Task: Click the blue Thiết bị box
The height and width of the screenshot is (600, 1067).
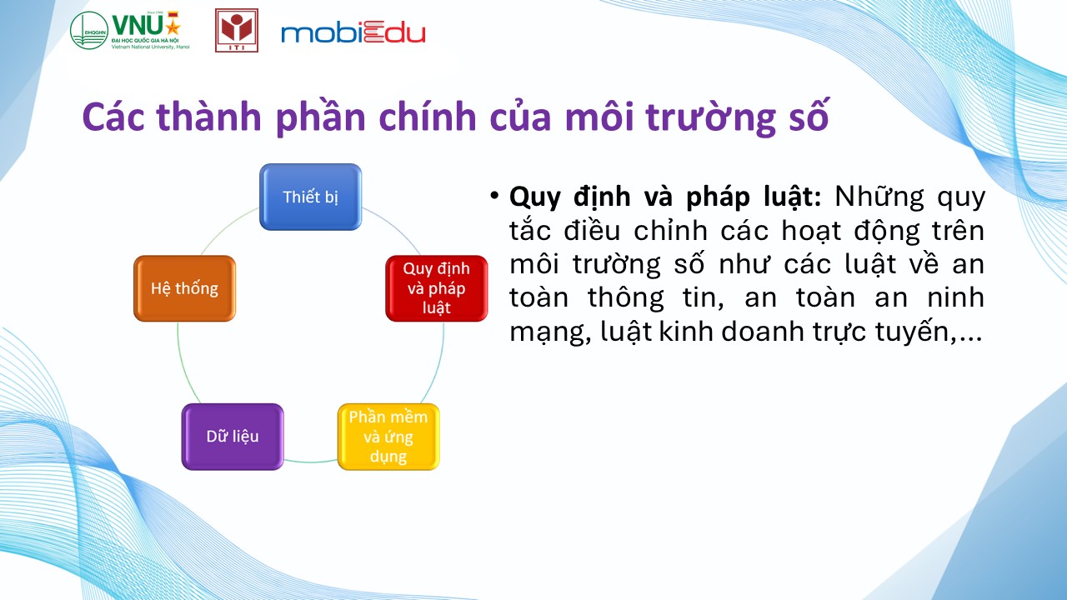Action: pos(311,197)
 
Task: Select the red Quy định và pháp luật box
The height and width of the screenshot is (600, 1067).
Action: pos(436,288)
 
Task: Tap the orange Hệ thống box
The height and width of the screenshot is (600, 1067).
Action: pos(184,288)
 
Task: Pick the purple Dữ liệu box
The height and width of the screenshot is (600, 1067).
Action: pos(233,437)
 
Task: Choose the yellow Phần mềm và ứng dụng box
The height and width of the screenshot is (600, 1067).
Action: pos(388,437)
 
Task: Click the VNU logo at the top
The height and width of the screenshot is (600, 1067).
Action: pos(130,30)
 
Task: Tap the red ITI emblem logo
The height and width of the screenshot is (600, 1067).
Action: pos(237,30)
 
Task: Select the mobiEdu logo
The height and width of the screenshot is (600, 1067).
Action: pos(353,32)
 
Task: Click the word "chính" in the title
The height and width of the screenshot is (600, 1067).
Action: pos(428,117)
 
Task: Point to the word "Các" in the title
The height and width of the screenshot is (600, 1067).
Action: pos(113,117)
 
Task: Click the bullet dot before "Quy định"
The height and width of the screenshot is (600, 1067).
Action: pos(494,195)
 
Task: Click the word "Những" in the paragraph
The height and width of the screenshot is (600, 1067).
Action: pos(879,196)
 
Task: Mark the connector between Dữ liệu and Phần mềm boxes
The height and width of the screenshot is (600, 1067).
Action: pos(311,461)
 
